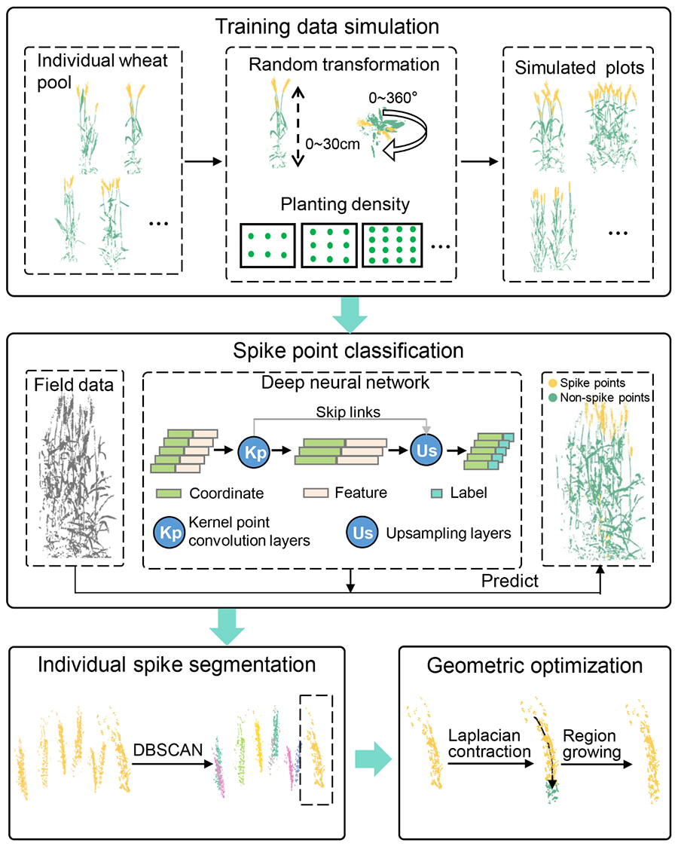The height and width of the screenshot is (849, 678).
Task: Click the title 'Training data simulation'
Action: point(327,26)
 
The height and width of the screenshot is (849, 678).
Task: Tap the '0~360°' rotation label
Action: point(393,97)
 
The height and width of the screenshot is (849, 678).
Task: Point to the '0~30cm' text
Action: point(332,144)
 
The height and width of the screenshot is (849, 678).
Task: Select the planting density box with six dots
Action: point(267,246)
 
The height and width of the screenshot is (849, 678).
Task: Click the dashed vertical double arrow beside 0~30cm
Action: point(298,127)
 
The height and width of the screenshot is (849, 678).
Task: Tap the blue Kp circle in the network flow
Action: point(254,451)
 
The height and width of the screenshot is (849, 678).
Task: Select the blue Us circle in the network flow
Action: point(426,450)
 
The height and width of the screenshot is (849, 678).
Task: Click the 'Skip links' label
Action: point(348,412)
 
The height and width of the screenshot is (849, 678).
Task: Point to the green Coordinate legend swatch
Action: point(169,493)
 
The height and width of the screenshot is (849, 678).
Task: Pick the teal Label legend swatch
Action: point(436,493)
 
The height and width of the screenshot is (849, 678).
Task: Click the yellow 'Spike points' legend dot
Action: point(552,383)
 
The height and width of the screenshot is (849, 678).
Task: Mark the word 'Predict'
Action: point(509,581)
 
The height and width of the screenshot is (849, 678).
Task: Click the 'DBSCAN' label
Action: point(168,750)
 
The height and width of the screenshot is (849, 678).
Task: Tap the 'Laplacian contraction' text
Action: point(490,744)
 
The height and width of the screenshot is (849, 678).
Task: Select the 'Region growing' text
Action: point(591,744)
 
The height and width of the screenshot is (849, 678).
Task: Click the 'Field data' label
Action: point(74,385)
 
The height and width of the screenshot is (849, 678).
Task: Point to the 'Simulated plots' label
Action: point(579,68)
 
